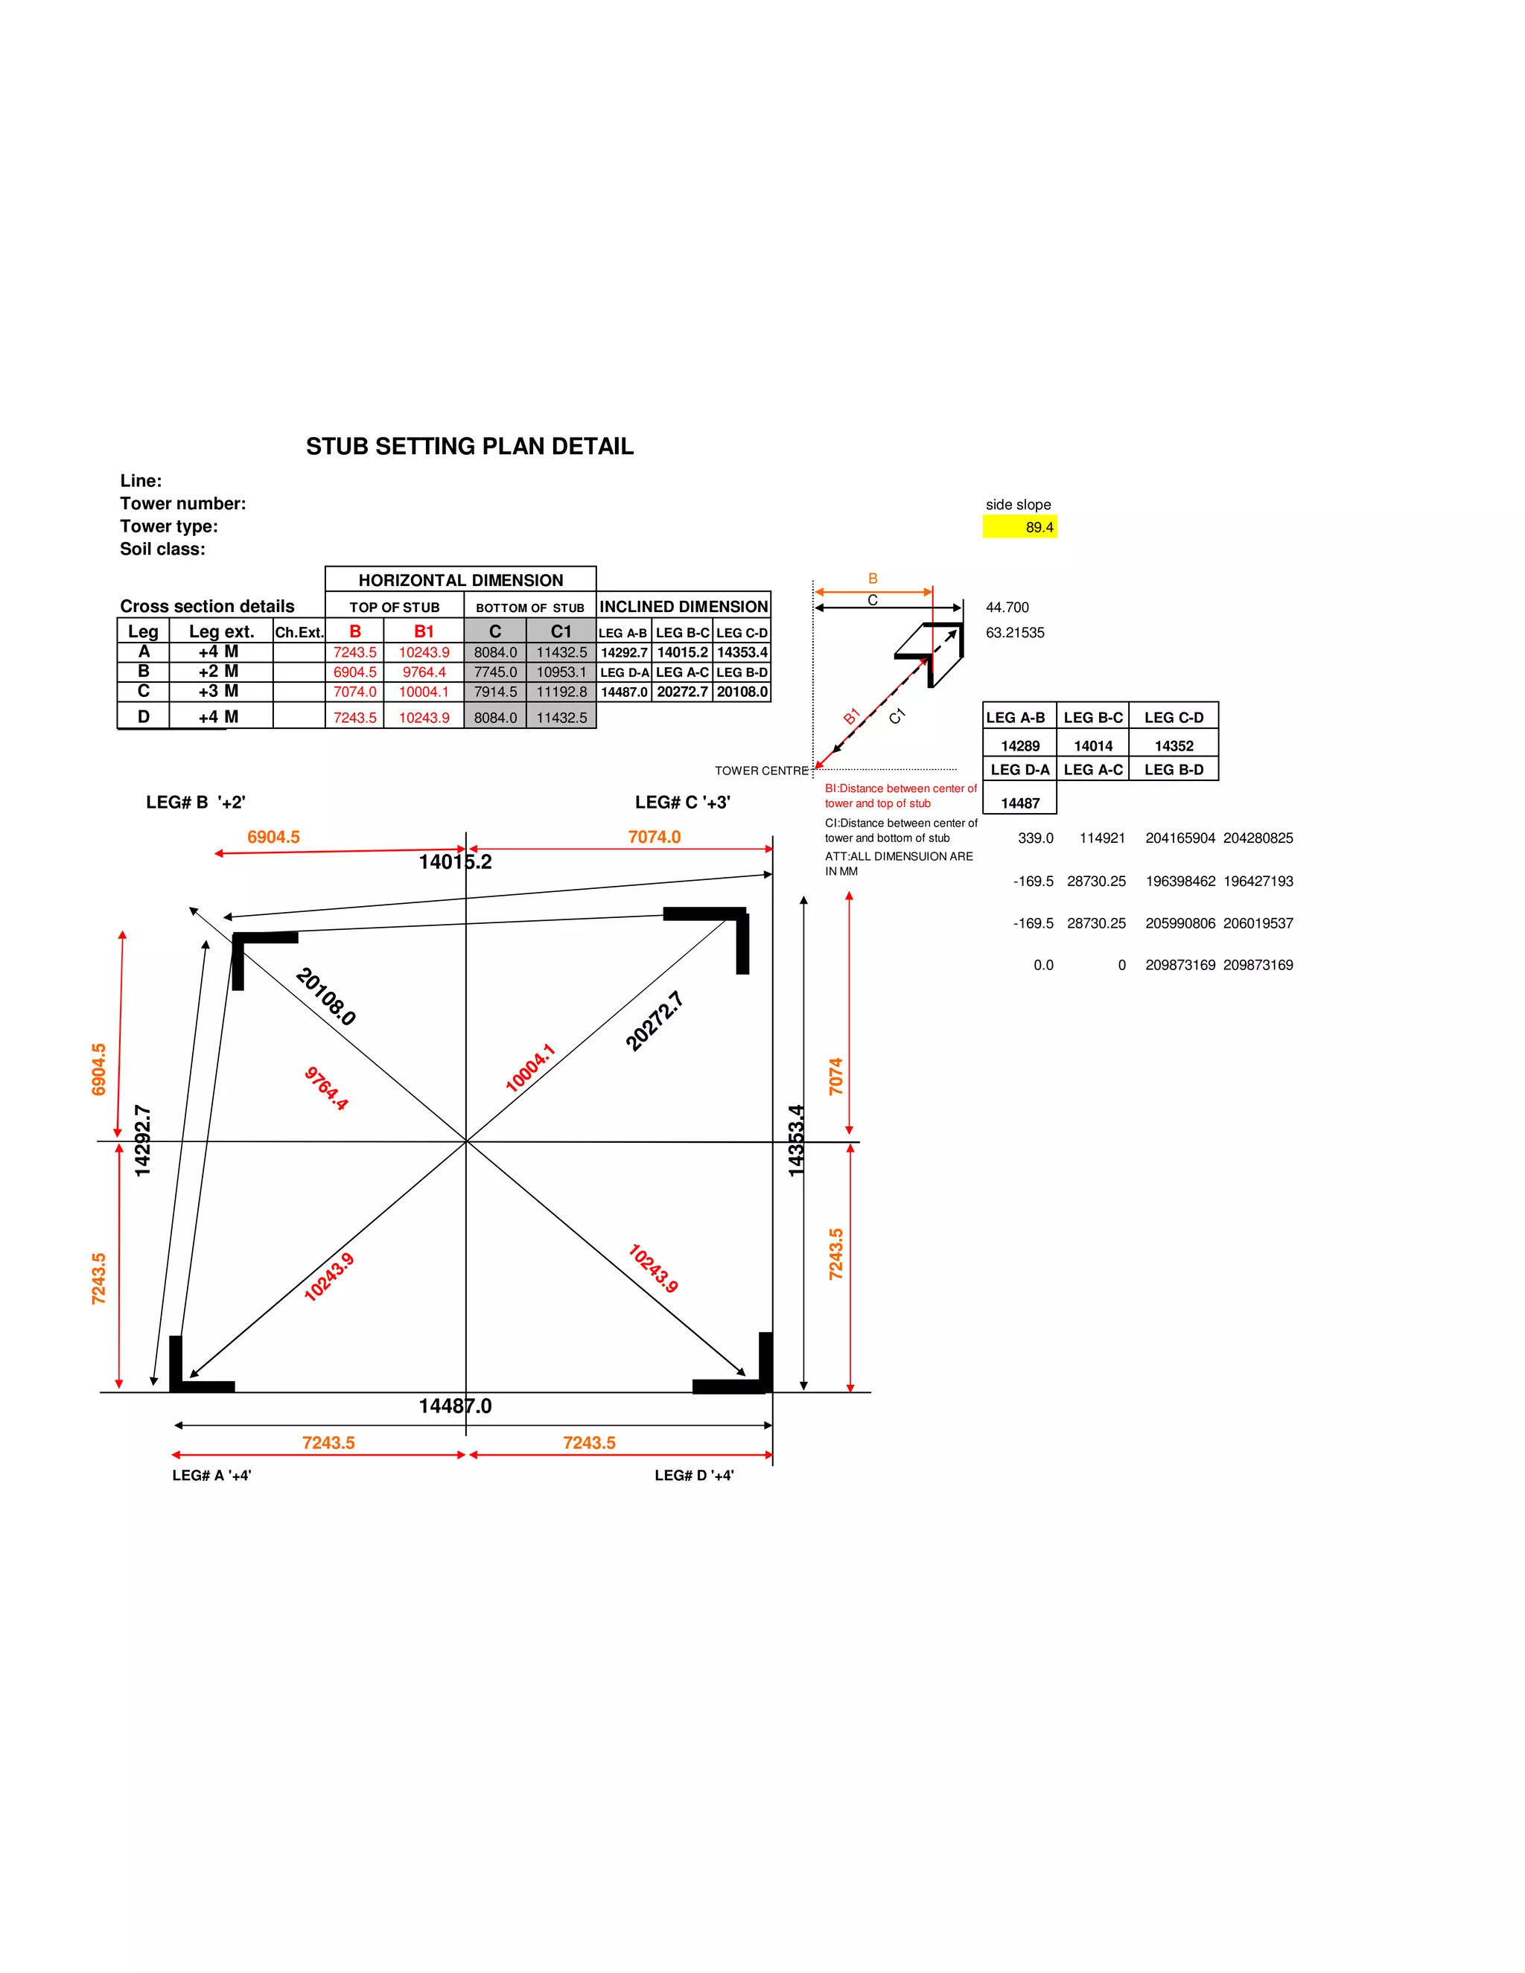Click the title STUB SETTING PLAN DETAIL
click(469, 446)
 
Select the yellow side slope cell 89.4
click(1020, 526)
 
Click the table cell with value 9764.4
click(424, 672)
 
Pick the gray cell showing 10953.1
click(561, 672)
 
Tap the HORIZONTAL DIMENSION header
click(461, 580)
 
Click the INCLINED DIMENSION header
click(683, 606)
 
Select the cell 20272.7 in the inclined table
click(682, 692)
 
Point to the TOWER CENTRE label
click(761, 771)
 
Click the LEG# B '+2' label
click(195, 802)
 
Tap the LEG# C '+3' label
click(682, 802)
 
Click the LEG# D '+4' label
click(694, 1475)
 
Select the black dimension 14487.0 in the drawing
click(454, 1406)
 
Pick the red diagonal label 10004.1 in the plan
click(529, 1068)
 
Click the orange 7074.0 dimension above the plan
click(654, 837)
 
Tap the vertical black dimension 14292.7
click(143, 1140)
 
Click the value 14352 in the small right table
click(1174, 745)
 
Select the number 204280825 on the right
click(1258, 838)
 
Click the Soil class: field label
click(162, 549)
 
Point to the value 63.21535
click(1015, 632)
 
